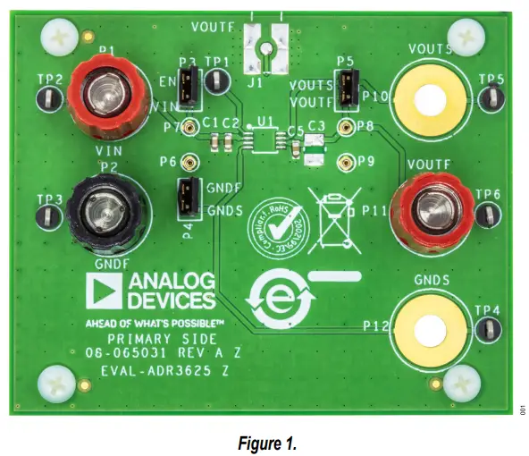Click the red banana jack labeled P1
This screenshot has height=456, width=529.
coord(106,92)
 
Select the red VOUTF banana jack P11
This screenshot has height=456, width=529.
coord(430,212)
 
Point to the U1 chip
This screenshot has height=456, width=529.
coord(263,140)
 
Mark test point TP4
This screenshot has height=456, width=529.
coord(483,329)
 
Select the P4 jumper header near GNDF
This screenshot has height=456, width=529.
coord(188,198)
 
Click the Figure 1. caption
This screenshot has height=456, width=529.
coord(264,441)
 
